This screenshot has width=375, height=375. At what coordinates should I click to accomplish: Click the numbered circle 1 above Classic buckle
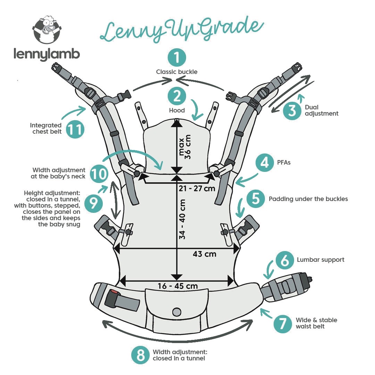(177, 58)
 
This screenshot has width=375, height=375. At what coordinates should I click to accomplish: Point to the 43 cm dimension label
(205, 254)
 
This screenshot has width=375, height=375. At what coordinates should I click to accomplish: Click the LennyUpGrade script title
(181, 28)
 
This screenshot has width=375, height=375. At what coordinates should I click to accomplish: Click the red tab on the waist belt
(114, 294)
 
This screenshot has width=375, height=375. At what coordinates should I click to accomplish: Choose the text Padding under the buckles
(308, 199)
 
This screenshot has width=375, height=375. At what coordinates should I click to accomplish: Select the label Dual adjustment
(321, 110)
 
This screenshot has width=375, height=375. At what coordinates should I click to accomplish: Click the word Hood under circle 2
(177, 110)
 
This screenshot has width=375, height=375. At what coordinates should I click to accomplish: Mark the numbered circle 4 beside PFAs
(265, 162)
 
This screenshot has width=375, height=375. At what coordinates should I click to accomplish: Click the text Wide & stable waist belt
(316, 323)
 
